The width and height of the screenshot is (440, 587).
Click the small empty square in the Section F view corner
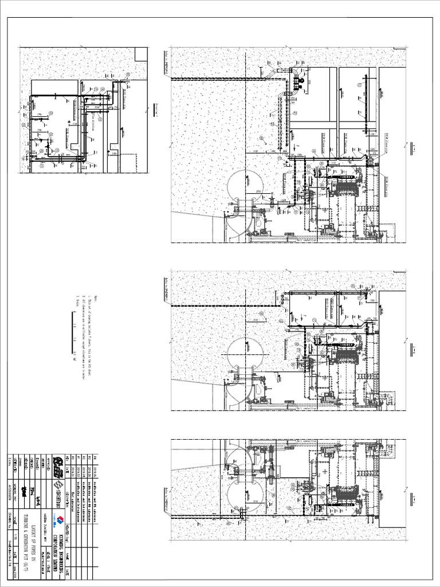point(141,53)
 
